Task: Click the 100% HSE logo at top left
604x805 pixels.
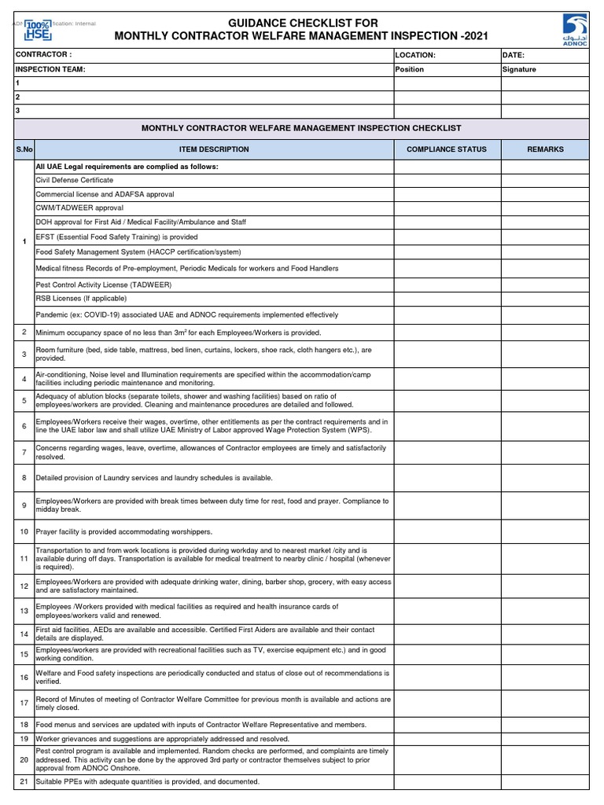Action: pos(37,30)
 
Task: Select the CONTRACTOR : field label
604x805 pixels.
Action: pos(44,55)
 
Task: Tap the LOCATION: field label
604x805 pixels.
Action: pos(415,55)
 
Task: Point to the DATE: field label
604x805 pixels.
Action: pos(514,55)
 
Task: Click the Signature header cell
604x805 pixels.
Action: pos(519,69)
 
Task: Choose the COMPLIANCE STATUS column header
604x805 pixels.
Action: pos(446,149)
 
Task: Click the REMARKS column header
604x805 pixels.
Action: pos(545,149)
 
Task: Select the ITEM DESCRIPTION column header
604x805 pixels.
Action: pos(214,149)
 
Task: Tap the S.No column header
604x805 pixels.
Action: pos(24,149)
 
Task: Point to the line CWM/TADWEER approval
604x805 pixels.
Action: pos(79,208)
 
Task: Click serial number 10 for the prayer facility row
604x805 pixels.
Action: pos(24,532)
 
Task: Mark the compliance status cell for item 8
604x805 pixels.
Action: pos(447,478)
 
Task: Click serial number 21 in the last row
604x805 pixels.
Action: pos(24,781)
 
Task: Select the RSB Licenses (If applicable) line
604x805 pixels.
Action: pos(81,299)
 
